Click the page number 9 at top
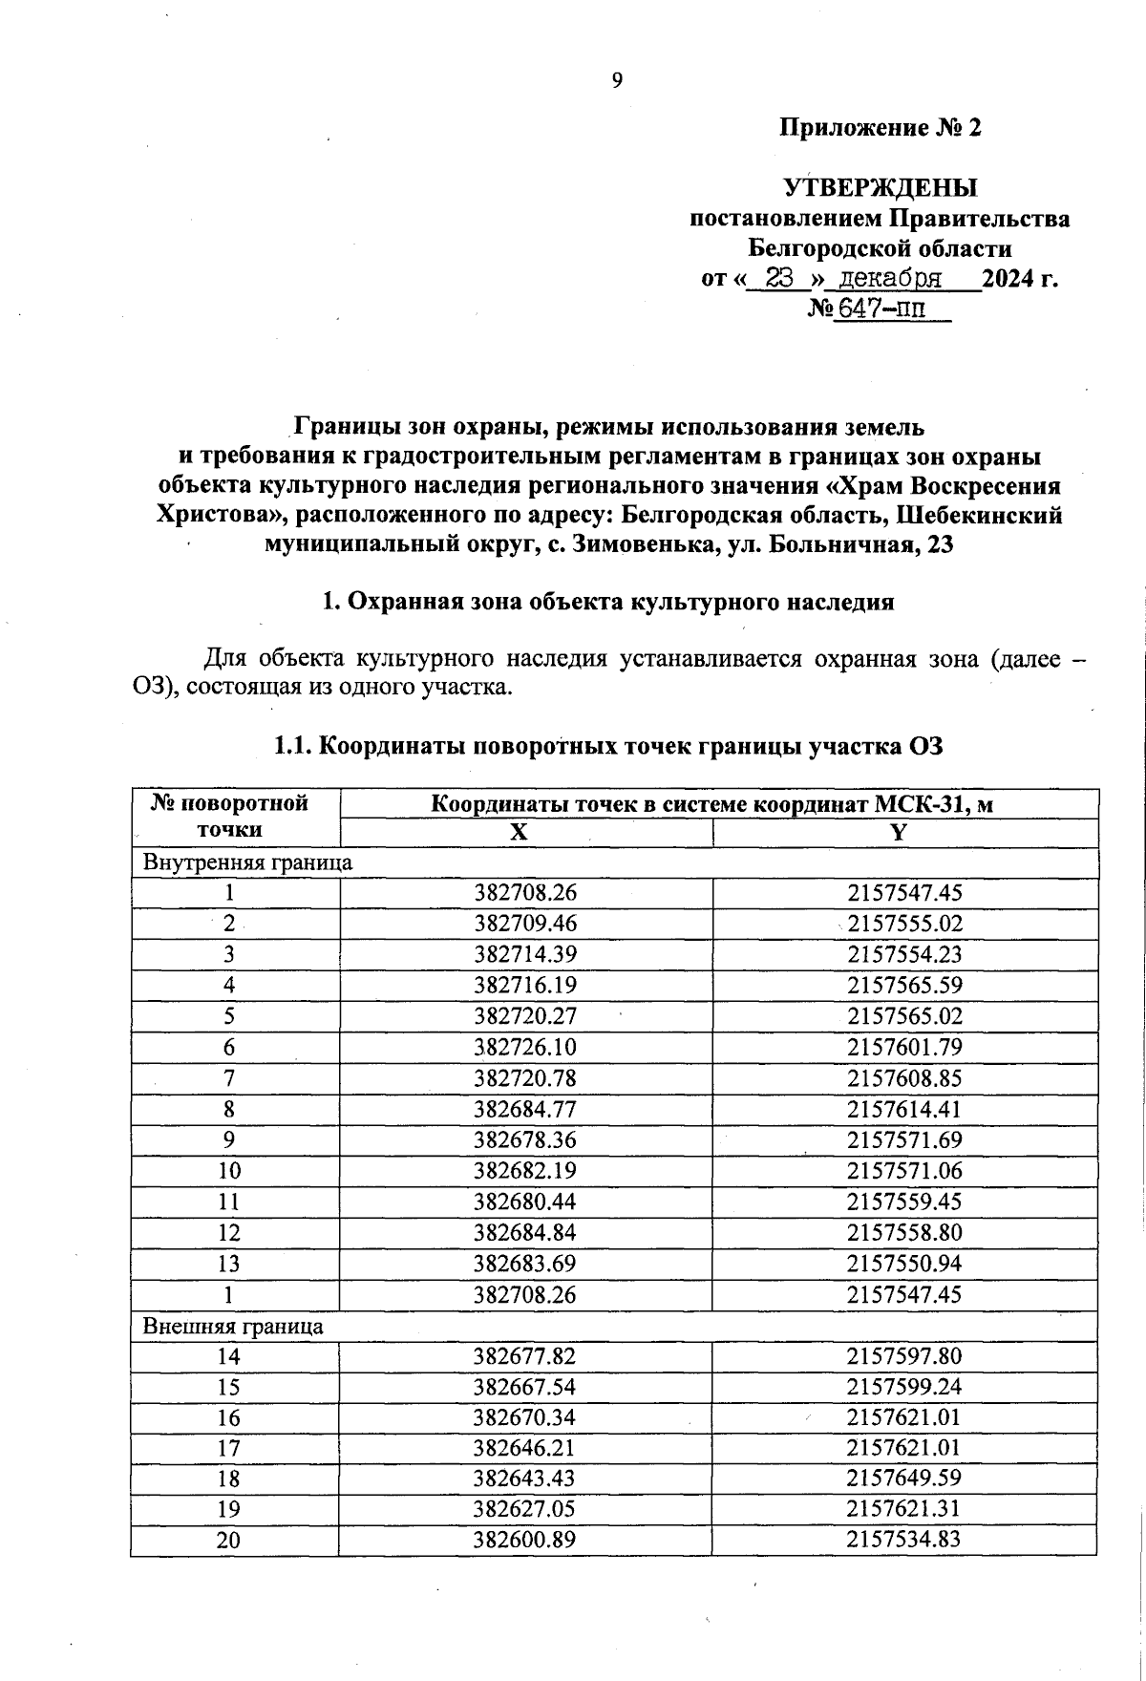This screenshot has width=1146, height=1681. [617, 80]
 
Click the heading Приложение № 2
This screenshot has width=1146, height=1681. [881, 128]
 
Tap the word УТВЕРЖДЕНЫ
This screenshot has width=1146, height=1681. [881, 187]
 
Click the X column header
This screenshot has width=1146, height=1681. [518, 832]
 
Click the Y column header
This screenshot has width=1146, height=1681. [898, 832]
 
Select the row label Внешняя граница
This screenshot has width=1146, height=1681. [233, 1326]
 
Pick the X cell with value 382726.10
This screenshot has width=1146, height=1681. [526, 1047]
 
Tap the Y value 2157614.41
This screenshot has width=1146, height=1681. [904, 1109]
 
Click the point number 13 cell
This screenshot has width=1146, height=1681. [229, 1264]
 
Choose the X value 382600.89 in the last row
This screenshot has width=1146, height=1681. [526, 1540]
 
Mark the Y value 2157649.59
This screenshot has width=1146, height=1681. [904, 1479]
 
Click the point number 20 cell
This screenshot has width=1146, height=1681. [229, 1540]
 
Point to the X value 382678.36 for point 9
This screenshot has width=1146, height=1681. [526, 1139]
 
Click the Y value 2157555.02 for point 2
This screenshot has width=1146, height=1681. [904, 924]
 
